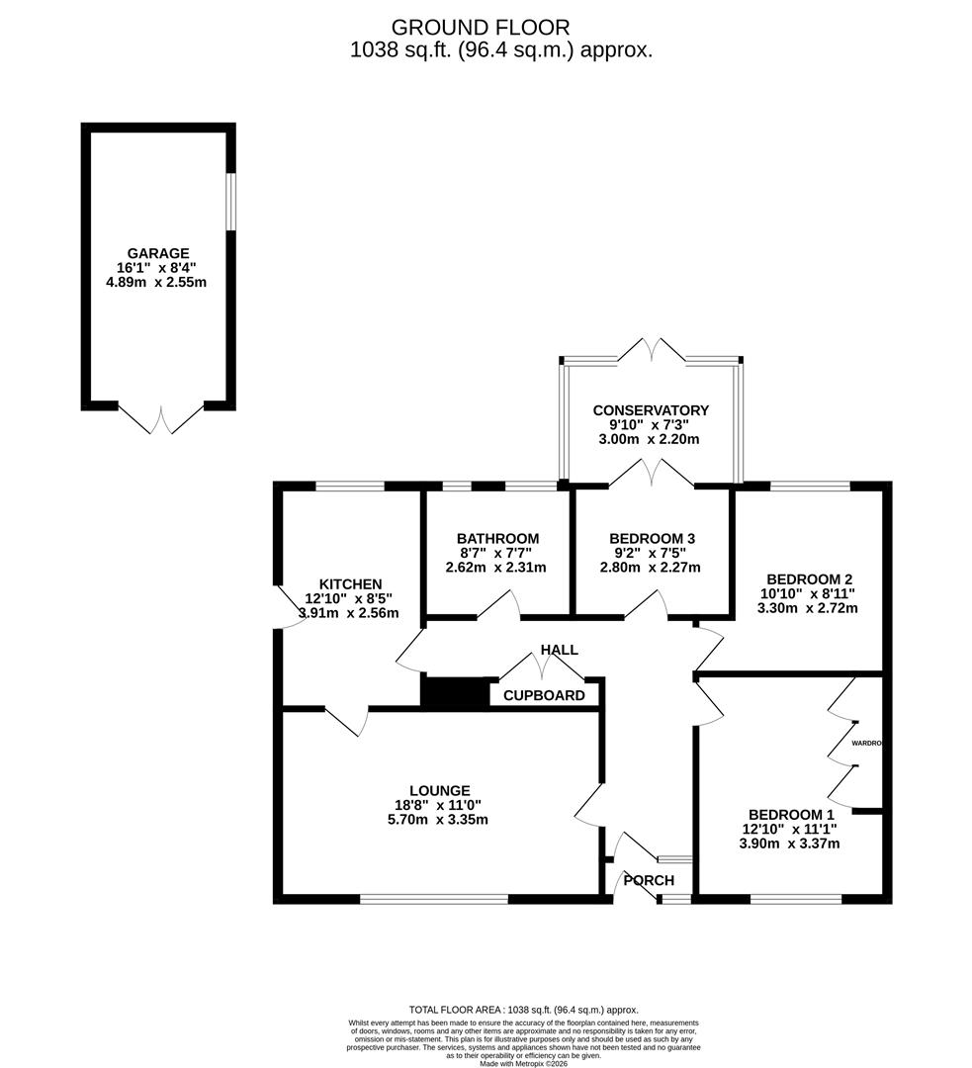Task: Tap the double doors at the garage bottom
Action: point(161,418)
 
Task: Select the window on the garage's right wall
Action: point(230,203)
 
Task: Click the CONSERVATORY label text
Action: point(651,410)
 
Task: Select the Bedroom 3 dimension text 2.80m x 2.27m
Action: point(651,568)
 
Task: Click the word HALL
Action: point(559,650)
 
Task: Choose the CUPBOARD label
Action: point(544,695)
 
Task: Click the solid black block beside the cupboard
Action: point(455,691)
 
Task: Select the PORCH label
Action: point(649,880)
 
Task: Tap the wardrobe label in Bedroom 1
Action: point(865,743)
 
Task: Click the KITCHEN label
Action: point(350,584)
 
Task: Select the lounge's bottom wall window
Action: point(434,898)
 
